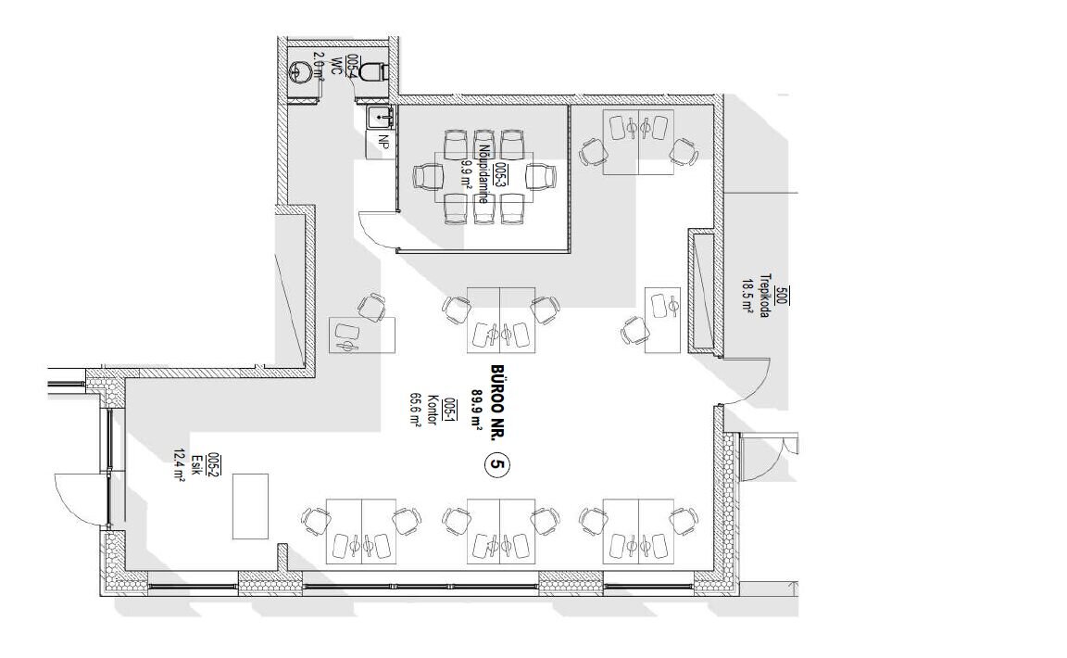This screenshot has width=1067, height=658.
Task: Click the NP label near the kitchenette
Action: pyautogui.click(x=383, y=142)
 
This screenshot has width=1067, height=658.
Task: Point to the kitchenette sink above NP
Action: pyautogui.click(x=380, y=117)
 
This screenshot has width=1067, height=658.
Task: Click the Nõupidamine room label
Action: pyautogui.click(x=483, y=173)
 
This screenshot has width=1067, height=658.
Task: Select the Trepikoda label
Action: pyautogui.click(x=764, y=297)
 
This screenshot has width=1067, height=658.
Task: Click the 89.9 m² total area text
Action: pyautogui.click(x=478, y=406)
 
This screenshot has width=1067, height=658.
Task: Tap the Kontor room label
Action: pyautogui.click(x=432, y=410)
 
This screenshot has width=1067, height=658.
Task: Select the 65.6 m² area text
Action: pyautogui.click(x=414, y=410)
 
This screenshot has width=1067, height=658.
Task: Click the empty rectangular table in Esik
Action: pyautogui.click(x=250, y=506)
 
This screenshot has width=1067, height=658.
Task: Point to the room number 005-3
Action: pyautogui.click(x=501, y=174)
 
